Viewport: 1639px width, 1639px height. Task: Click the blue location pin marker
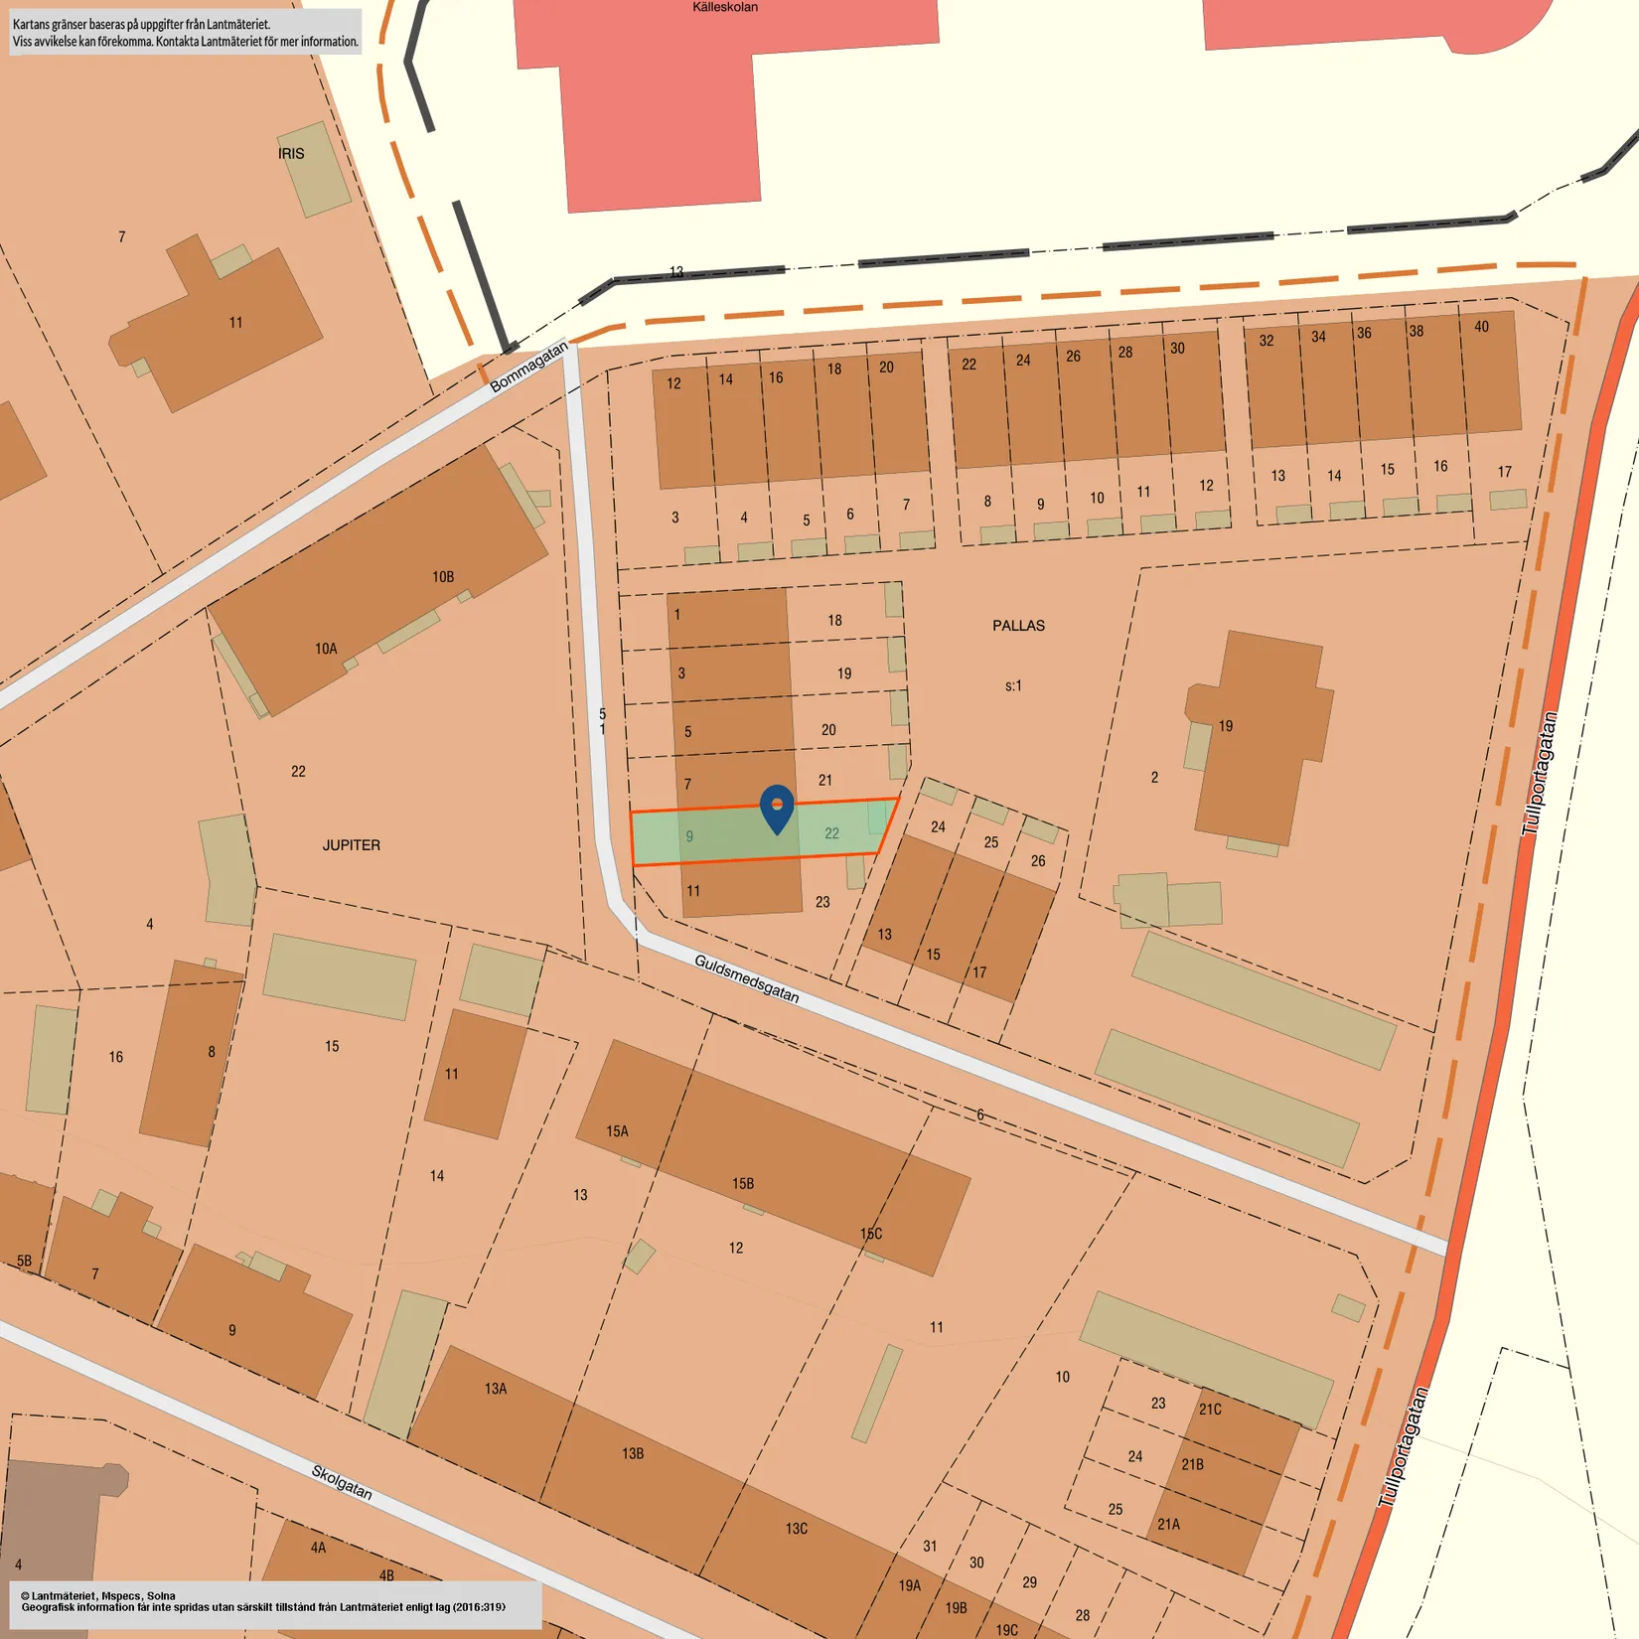777,808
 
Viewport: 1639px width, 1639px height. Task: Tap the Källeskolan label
725,7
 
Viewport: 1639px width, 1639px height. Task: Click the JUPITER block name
351,845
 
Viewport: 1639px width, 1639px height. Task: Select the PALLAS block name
1018,626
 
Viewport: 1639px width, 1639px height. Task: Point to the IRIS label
291,154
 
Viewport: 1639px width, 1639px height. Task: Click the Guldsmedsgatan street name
746,978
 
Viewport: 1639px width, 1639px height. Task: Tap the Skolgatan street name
342,1482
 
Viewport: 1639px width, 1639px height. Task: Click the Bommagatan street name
528,366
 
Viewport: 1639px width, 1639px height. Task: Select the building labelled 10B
443,577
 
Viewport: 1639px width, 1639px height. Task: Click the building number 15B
743,1184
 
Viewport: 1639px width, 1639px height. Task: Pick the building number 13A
496,1389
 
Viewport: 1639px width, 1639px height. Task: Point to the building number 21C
1210,1410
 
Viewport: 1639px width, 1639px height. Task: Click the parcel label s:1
1013,685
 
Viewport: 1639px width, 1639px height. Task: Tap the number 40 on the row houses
1481,327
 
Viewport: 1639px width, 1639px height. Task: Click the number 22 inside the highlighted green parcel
831,833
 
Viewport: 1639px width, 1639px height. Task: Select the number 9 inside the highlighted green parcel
689,836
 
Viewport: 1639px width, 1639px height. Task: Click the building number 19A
910,1586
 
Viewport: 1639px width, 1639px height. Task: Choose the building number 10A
326,649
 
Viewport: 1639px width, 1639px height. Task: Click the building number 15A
617,1131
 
